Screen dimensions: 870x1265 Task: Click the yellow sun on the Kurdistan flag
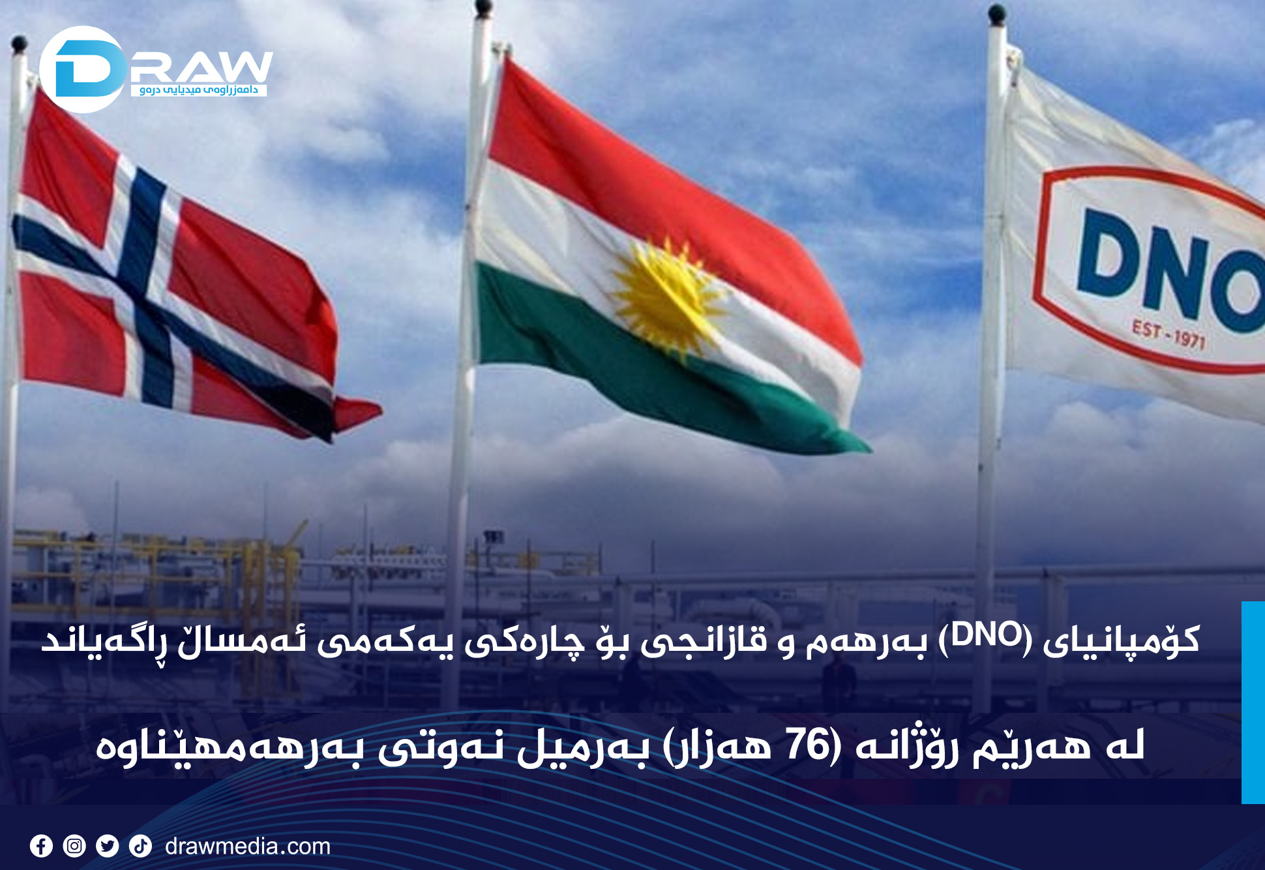pyautogui.click(x=666, y=297)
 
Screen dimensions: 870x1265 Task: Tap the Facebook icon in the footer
pyautogui.click(x=41, y=846)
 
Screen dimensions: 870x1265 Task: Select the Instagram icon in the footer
pyautogui.click(x=74, y=846)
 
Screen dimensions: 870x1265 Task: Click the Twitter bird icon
pyautogui.click(x=107, y=846)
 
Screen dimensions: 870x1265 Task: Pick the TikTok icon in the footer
pyautogui.click(x=140, y=846)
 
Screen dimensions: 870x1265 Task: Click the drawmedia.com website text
pyautogui.click(x=248, y=847)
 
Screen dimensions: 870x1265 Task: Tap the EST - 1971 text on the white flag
pyautogui.click(x=1168, y=334)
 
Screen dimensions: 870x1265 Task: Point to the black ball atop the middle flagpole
pyautogui.click(x=483, y=8)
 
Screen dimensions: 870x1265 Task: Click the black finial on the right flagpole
pyautogui.click(x=996, y=14)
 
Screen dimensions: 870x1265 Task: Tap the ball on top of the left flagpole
pyautogui.click(x=20, y=44)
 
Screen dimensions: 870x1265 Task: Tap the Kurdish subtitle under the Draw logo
pyautogui.click(x=199, y=90)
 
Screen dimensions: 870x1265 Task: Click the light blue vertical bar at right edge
pyautogui.click(x=1253, y=701)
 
